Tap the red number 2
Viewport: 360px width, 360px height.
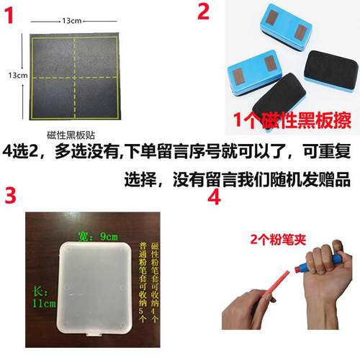click(204, 12)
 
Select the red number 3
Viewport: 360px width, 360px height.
click(12, 195)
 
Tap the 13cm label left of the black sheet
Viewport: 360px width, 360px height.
click(18, 74)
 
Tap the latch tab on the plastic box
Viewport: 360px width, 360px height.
click(93, 334)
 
